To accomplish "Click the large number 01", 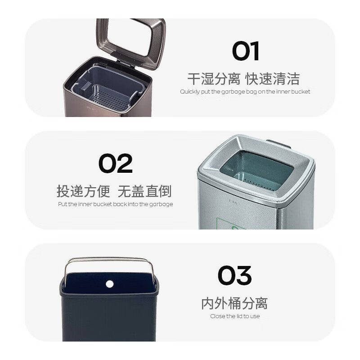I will click(x=246, y=51).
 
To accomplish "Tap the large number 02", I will click(x=116, y=164).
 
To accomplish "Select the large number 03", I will click(x=234, y=276).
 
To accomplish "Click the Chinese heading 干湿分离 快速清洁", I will click(x=243, y=79).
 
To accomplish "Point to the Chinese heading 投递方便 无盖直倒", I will click(x=114, y=191).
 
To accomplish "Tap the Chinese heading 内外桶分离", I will click(x=234, y=303).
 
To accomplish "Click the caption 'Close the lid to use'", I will click(x=235, y=316).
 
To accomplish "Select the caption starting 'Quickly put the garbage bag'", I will click(x=245, y=92).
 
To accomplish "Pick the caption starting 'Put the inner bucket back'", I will click(x=115, y=204).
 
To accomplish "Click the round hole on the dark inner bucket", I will click(x=109, y=283).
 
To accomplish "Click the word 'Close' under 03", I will click(x=217, y=316).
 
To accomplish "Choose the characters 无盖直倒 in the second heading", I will click(x=144, y=191).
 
